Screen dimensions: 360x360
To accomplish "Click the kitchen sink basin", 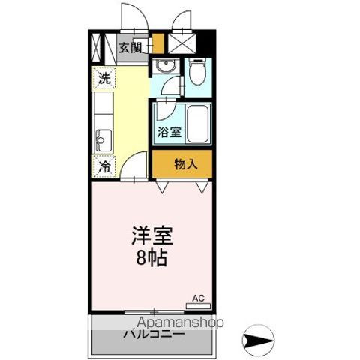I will pos(103,139).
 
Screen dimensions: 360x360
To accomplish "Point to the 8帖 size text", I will pos(154,259).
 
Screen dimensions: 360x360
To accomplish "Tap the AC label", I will pos(198,298).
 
